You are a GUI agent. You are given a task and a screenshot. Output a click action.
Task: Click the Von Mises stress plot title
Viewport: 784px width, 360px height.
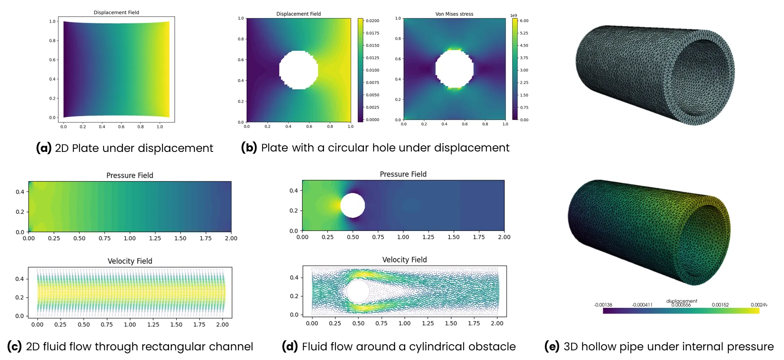454,14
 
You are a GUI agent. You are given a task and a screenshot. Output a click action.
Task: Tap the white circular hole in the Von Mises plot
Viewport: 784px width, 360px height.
454,69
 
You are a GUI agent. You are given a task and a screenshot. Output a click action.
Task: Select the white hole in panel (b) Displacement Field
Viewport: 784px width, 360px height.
298,70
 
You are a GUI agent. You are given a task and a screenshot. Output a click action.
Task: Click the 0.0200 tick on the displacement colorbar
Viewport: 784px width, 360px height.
372,21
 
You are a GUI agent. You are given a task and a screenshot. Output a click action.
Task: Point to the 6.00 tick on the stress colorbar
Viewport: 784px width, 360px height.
524,21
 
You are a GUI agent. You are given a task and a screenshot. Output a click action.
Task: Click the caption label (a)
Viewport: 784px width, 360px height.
43,148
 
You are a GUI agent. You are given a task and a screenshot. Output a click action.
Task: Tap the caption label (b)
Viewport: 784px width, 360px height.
249,148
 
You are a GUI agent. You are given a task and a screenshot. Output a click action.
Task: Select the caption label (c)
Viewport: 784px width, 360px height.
14,346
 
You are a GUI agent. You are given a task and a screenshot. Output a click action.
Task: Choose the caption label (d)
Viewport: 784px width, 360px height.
290,346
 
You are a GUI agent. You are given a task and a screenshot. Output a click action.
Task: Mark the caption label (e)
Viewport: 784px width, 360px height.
552,346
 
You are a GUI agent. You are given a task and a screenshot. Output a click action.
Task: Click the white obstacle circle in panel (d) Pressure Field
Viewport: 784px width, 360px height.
352,205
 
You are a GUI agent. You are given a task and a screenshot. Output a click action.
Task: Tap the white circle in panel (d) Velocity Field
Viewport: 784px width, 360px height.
358,291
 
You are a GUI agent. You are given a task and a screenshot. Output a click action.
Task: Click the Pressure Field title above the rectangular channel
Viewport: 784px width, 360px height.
129,175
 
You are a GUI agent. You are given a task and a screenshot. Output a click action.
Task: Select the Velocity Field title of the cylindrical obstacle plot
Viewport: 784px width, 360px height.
404,259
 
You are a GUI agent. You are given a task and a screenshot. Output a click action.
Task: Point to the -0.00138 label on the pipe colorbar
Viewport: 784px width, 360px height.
603,305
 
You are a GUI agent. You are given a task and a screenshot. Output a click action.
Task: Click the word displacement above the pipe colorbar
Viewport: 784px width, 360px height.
681,301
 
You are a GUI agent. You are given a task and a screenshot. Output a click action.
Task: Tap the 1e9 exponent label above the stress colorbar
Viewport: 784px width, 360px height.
513,15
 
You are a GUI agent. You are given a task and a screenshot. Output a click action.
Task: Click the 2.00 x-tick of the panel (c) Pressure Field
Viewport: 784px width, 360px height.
231,238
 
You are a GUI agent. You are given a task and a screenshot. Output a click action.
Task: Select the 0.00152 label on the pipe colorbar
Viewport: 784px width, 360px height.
720,305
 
